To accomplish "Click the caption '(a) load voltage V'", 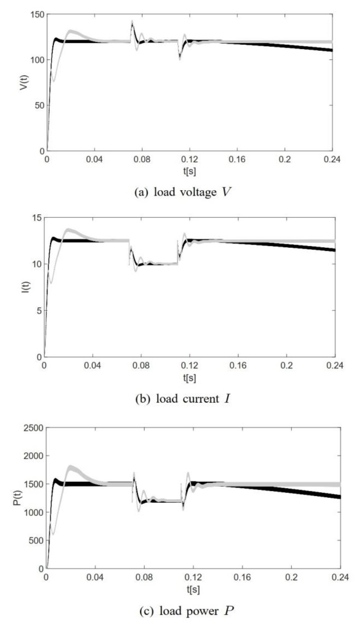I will (x=183, y=192).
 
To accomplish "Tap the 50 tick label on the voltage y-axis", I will (x=39, y=105).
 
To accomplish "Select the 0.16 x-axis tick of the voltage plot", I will (x=237, y=160).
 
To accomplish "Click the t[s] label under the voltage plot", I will (x=189, y=172).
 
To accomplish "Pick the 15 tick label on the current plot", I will (x=36, y=218).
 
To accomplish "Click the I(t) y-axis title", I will (x=25, y=287).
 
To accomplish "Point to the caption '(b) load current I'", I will (x=183, y=398).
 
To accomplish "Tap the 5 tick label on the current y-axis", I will (x=39, y=311).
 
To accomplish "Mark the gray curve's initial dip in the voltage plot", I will (x=53, y=80).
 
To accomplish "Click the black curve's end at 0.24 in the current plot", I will (x=334, y=250).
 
